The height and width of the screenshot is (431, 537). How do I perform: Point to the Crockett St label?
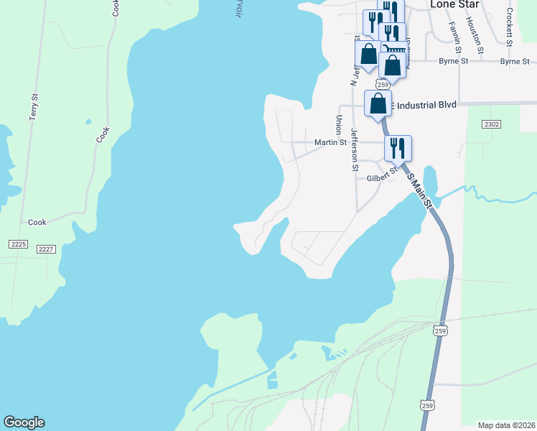[509, 27]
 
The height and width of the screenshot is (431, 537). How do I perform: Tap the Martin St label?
[330, 142]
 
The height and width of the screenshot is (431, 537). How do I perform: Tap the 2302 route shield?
[491, 124]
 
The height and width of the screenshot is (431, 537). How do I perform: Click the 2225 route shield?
[19, 244]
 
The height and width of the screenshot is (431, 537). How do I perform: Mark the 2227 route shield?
[47, 249]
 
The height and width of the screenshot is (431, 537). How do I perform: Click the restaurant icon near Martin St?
[398, 148]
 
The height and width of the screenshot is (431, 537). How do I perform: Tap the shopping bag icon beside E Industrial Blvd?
[378, 102]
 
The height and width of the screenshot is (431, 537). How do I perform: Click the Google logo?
[24, 422]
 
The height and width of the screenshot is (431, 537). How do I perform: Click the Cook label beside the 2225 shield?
[37, 223]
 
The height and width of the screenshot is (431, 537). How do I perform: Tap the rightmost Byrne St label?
[515, 62]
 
